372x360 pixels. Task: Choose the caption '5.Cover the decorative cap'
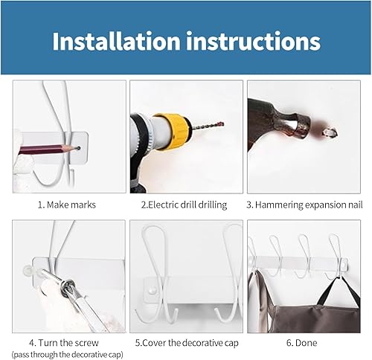point(186,343)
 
